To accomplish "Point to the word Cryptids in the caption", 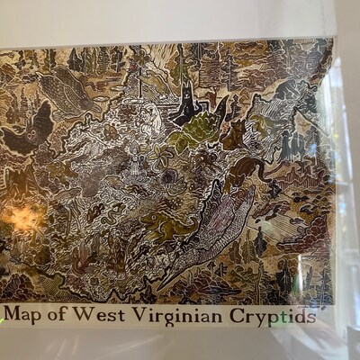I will click(x=271, y=316).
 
